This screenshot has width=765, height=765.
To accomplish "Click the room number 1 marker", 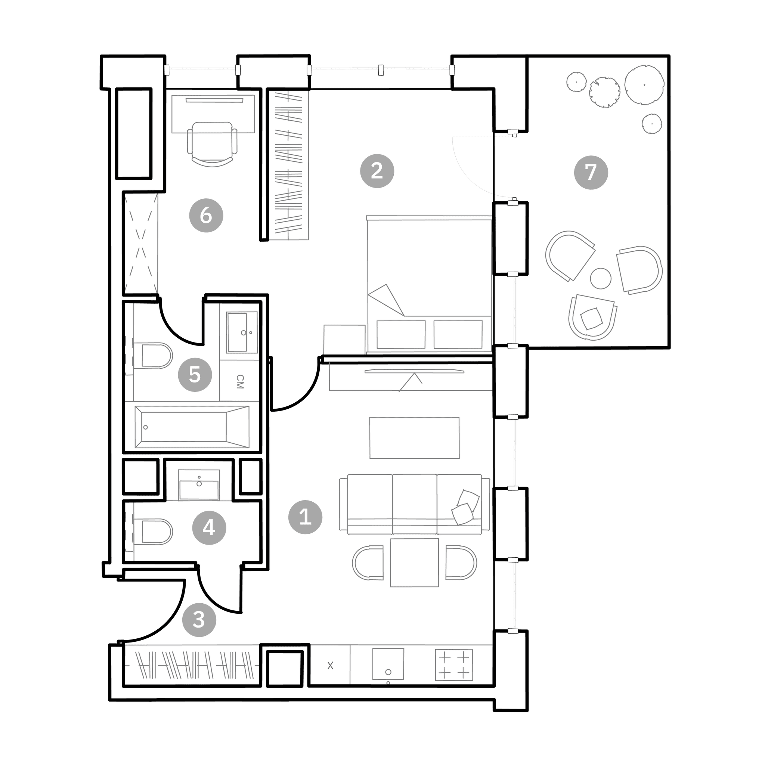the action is (x=305, y=517).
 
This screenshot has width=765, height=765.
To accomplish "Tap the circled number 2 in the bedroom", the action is (x=377, y=171).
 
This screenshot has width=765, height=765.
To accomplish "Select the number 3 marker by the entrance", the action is (x=199, y=620).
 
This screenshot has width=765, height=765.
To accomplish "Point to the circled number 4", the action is (x=209, y=528).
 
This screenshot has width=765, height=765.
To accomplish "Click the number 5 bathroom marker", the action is (x=195, y=375).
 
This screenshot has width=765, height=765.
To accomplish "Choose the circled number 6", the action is (x=206, y=216).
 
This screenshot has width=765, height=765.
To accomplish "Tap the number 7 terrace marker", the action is (x=591, y=173).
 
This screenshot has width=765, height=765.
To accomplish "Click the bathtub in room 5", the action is (x=192, y=427).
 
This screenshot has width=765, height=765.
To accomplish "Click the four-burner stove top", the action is (x=454, y=665).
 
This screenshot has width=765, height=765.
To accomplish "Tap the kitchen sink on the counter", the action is (x=388, y=664).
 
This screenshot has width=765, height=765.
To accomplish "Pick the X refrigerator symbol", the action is (x=330, y=666).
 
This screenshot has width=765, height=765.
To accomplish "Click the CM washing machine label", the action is (x=239, y=382).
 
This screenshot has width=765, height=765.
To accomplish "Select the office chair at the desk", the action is (x=212, y=144).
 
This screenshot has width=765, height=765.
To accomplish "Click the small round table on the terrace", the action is (x=601, y=278).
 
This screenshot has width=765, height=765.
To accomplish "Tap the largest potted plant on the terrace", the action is (x=644, y=85).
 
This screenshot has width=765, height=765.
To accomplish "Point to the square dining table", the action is (x=414, y=563).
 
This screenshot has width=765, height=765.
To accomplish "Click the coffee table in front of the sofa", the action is (x=415, y=438).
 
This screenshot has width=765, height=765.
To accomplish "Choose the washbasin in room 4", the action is (x=199, y=485).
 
